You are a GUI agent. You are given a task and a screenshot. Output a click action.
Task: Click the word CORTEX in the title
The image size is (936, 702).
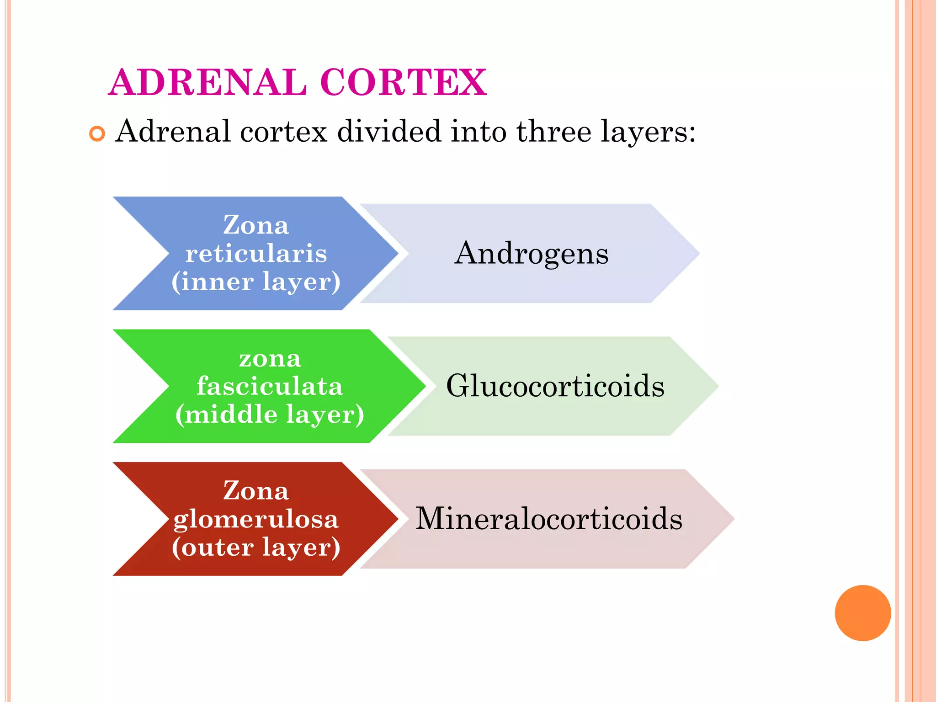coord(404,82)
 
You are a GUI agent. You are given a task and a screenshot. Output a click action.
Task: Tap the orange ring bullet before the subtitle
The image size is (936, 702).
coord(97,133)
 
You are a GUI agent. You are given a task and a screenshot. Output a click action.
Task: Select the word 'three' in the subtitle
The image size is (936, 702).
coord(554,132)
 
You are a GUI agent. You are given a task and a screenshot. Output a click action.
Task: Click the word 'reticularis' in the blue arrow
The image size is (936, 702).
coord(256,253)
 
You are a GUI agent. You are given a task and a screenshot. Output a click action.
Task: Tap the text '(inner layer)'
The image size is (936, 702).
coord(256,282)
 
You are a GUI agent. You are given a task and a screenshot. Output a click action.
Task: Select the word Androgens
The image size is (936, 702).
coord(532,254)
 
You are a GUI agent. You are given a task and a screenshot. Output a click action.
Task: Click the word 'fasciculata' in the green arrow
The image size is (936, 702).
coord(270,386)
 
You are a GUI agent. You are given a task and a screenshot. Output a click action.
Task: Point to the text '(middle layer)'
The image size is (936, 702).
coord(270,415)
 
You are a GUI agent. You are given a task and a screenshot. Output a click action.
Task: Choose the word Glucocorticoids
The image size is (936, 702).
coord(555,386)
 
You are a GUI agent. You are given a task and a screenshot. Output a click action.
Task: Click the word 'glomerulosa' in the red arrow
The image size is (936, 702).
coord(256,520)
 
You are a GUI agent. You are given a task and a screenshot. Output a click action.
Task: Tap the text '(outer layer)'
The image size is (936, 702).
coord(256,548)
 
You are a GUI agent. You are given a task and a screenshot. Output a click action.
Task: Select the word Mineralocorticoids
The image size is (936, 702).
coord(549,519)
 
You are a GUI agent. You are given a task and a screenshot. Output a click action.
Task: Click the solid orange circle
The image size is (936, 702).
coord(862,613)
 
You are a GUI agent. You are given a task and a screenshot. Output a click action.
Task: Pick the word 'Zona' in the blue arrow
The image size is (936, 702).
coord(256,225)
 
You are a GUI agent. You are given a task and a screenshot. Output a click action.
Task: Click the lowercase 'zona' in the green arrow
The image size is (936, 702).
coord(270,359)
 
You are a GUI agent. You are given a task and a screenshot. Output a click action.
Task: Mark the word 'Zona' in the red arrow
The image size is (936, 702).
coord(256,491)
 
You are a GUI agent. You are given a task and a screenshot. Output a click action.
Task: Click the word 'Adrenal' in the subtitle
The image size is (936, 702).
coord(173,132)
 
